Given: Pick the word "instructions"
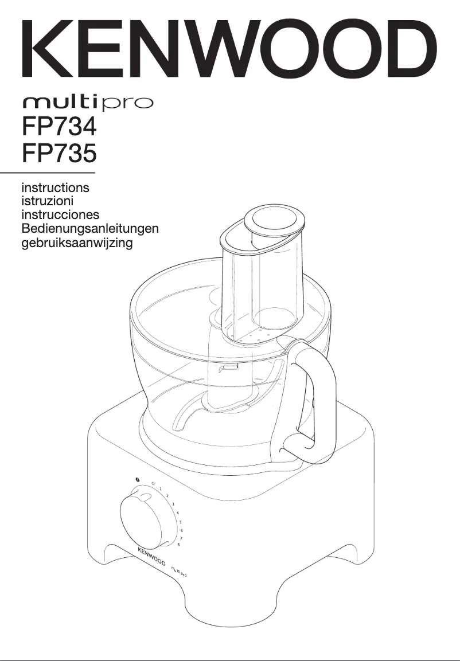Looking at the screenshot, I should [55, 187].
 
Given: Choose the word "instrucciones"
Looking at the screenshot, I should [60, 215].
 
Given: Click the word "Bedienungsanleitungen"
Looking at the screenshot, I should [89, 229].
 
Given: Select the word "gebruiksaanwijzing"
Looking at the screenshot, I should [77, 243].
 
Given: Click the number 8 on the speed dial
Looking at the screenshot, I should [178, 545].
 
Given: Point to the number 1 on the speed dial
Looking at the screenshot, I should [161, 488].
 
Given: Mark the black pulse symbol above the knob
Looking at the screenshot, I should [138, 479].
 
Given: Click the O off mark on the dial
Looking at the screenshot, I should [153, 483].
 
